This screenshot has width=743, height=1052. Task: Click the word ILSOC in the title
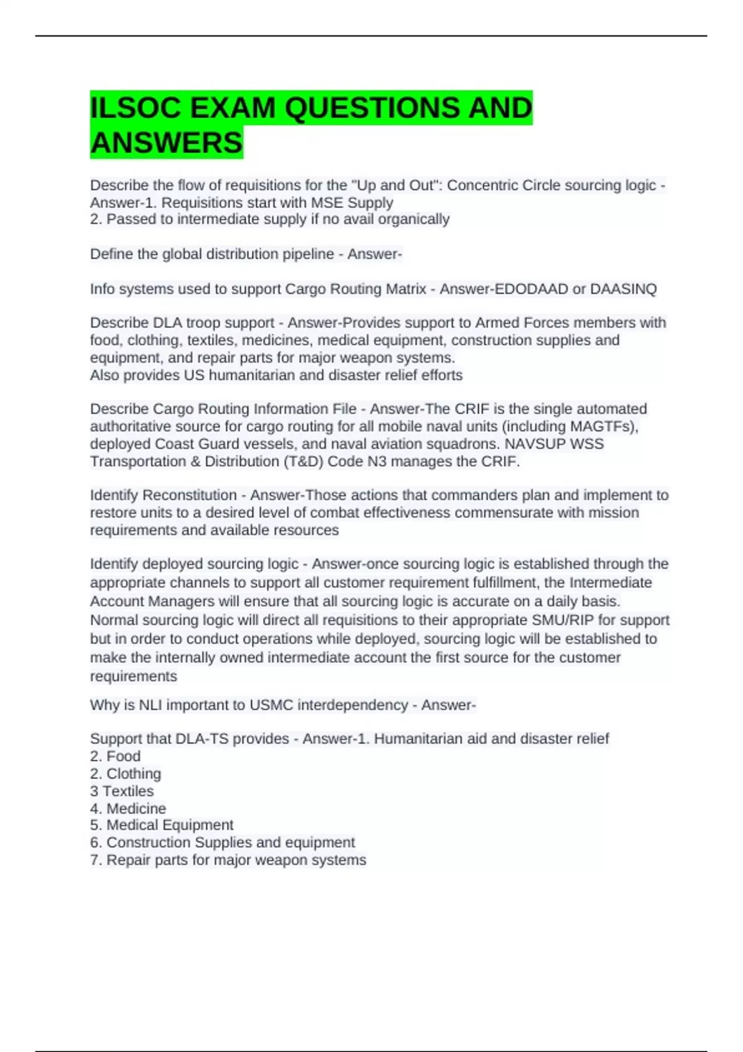coord(136,108)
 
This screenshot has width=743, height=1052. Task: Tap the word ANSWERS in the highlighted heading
coord(167,143)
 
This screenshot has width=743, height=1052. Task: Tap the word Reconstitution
coord(189,495)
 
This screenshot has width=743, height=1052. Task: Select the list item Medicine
coord(136,808)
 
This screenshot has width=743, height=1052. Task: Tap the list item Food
coord(123,756)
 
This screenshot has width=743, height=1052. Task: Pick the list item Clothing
coord(134,774)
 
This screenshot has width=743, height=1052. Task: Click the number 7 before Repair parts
coord(94,860)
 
